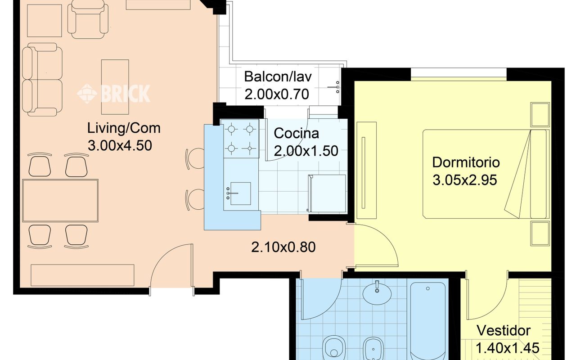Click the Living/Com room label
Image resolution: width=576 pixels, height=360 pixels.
[124, 129]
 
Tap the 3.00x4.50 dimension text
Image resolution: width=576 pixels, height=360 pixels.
[120, 145]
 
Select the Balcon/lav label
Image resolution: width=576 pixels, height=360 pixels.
[278, 76]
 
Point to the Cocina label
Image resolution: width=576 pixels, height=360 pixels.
[296, 133]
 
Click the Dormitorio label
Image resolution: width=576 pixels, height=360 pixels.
[466, 162]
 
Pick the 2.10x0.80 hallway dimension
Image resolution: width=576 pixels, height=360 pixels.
[283, 247]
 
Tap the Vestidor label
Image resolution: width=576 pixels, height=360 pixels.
[504, 330]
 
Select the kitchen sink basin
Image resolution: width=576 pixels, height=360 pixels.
[240, 193]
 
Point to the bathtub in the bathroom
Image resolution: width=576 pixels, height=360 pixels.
[428, 321]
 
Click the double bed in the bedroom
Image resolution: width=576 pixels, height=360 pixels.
[486, 174]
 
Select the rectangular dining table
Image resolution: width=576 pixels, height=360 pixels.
[60, 201]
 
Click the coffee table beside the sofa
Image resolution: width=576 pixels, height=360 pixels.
[115, 87]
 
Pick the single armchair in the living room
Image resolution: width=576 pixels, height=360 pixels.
[88, 19]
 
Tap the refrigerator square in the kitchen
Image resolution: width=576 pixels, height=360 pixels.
[327, 193]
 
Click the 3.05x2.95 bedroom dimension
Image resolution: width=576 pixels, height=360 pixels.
[465, 180]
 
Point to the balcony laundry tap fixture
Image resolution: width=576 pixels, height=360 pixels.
[334, 87]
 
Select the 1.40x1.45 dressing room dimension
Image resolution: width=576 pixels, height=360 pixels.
[507, 348]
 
